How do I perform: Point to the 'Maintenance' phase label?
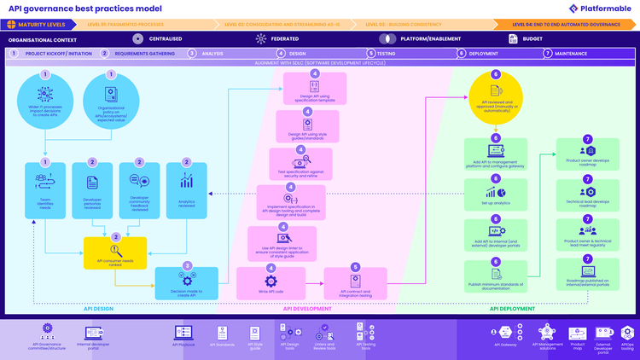pos(571,53)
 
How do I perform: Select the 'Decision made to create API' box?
pos(186,283)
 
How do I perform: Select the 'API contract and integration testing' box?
pos(355,282)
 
